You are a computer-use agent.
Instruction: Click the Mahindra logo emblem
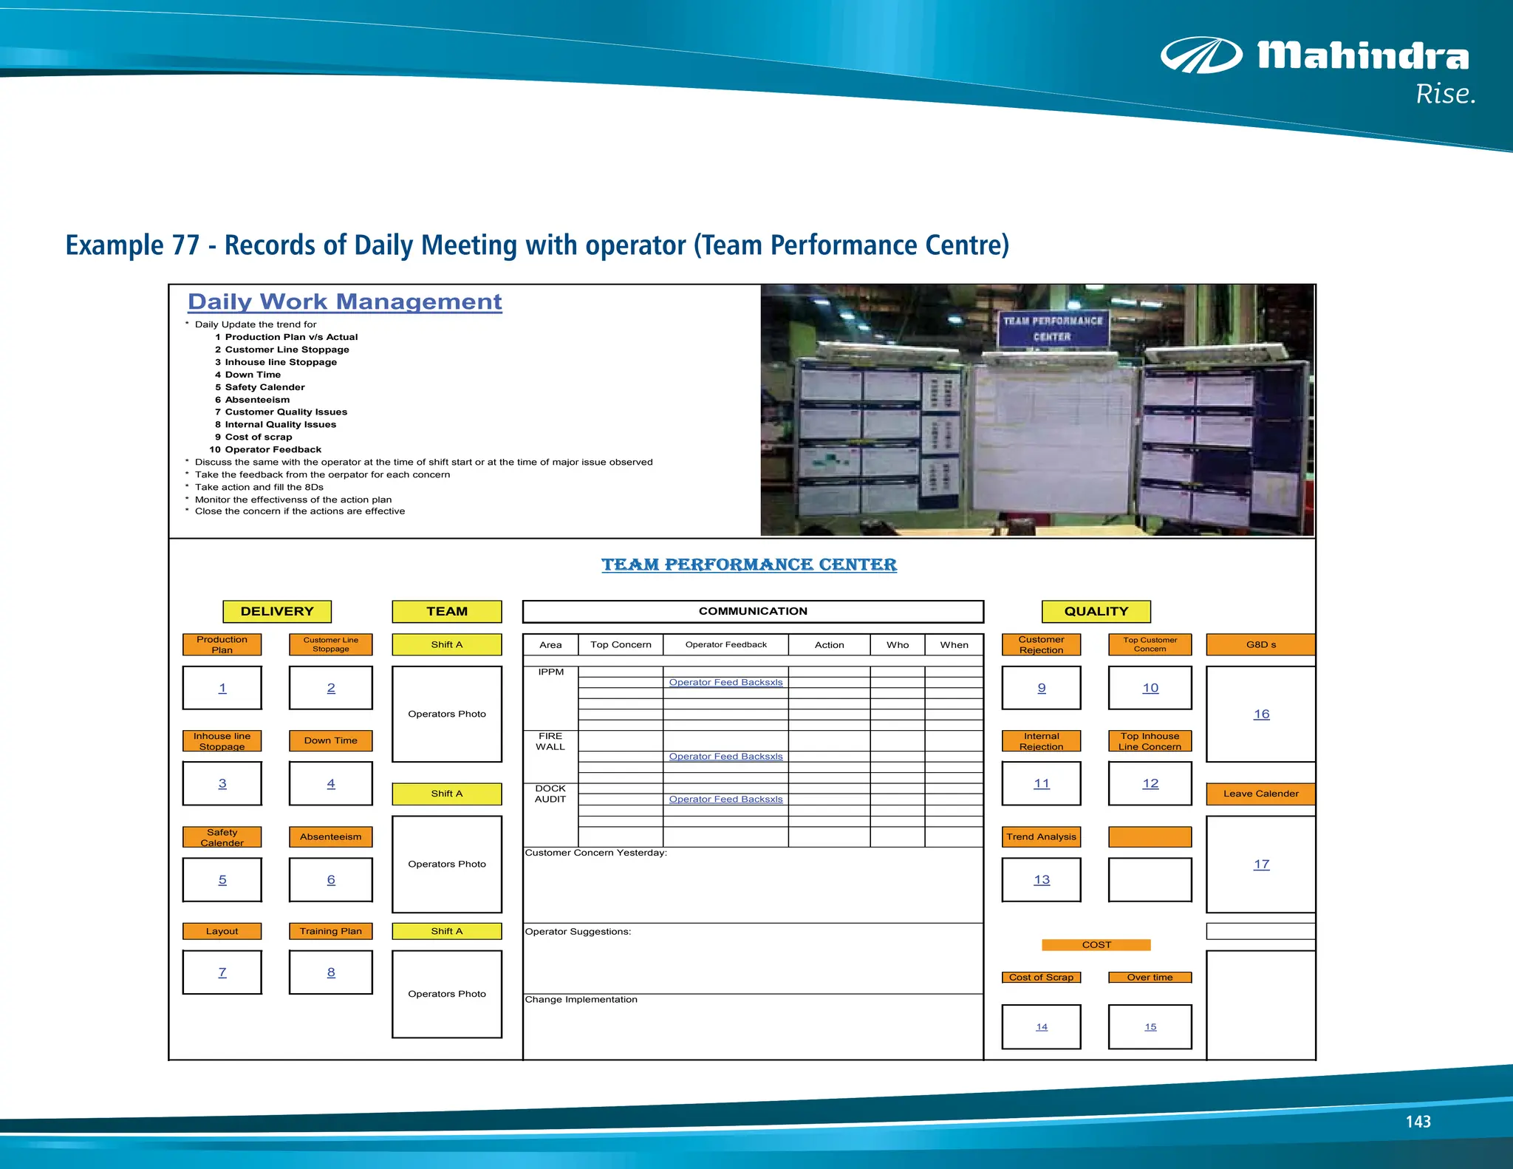pos(1201,55)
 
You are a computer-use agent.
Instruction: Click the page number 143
pos(1418,1122)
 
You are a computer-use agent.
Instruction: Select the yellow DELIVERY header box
pos(277,611)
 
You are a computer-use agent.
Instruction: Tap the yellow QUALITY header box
pos(1096,611)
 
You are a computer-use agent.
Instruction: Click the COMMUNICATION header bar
pos(753,611)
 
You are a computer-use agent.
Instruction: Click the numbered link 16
pos(1261,714)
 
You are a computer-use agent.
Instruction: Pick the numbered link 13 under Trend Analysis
pos(1041,879)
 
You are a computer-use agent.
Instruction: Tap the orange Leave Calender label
pos(1260,794)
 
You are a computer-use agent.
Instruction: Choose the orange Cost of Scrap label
pos(1041,977)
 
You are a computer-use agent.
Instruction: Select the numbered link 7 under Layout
pos(222,972)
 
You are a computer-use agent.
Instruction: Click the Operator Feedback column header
pos(725,644)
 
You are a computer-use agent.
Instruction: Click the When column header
pos(954,644)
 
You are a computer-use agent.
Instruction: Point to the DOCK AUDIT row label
pos(550,794)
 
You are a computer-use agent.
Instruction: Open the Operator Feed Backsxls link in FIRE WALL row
pos(725,757)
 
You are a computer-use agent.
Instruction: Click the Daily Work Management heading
pos(345,301)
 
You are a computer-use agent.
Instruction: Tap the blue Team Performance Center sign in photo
pos(1053,329)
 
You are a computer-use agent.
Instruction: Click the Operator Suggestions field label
pos(578,932)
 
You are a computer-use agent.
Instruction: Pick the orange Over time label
pos(1150,977)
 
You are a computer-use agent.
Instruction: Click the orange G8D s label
pos(1260,644)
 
